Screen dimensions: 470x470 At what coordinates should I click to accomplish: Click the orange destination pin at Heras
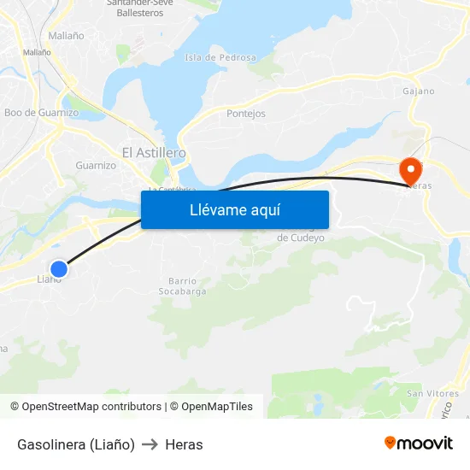pos(410,170)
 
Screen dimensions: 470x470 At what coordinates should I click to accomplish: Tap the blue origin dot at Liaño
pos(58,268)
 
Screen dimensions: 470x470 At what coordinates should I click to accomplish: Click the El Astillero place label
pos(154,152)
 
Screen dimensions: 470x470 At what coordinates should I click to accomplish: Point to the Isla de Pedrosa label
pos(220,57)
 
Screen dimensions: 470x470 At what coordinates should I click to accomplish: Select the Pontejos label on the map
pos(246,114)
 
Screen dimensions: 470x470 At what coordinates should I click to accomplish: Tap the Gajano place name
pos(419,91)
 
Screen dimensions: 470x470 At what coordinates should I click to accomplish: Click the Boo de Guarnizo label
pos(41,113)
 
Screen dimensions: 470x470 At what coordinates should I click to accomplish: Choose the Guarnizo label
pos(96,165)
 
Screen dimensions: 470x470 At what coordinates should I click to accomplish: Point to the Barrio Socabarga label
pos(183,286)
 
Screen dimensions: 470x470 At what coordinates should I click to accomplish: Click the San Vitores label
pos(432,393)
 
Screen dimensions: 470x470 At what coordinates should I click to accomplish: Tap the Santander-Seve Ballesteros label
pos(139,8)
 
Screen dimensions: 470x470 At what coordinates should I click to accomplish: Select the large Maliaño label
pos(66,36)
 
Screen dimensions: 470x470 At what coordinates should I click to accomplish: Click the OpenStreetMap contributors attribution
pos(91,407)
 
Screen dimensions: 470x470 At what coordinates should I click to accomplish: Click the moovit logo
pos(419,444)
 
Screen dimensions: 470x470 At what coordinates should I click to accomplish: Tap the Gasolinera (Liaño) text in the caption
pos(76,444)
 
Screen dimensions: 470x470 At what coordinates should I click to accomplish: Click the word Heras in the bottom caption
pos(184,444)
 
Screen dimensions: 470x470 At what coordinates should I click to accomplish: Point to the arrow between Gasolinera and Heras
pos(150,444)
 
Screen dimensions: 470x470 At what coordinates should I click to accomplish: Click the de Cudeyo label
pos(301,238)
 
